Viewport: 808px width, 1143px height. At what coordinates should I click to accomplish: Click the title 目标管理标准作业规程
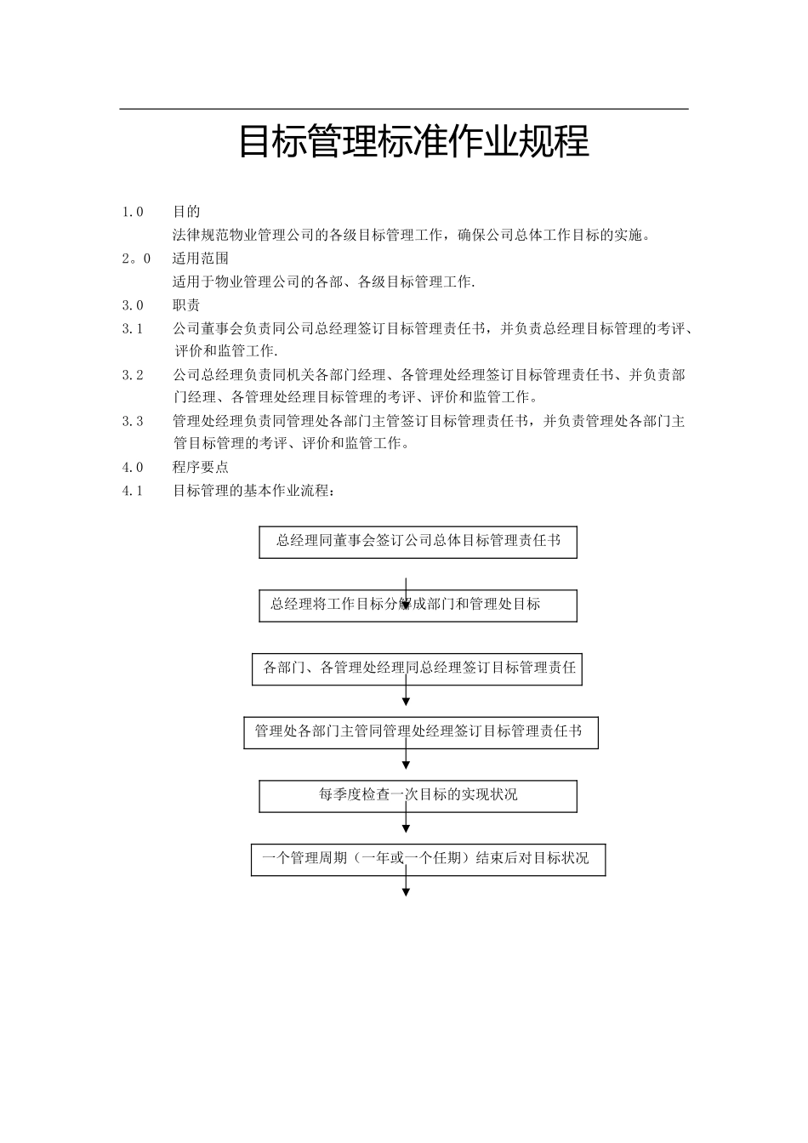413,142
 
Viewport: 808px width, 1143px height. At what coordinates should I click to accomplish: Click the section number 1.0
133,212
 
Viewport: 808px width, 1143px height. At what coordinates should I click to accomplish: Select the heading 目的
186,212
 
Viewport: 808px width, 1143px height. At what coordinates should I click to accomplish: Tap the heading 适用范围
201,259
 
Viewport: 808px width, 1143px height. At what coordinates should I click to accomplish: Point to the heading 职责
186,305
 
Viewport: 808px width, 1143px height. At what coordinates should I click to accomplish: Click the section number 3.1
133,328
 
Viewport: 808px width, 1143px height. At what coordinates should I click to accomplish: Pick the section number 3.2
133,375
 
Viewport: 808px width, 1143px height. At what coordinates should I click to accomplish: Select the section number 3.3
133,421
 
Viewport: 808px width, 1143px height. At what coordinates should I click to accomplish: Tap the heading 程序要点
201,467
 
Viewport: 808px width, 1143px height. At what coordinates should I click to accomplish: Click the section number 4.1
133,491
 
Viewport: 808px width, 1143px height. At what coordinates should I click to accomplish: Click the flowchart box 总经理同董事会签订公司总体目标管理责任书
418,542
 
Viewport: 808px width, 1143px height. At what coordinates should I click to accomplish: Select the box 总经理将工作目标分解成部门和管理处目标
418,606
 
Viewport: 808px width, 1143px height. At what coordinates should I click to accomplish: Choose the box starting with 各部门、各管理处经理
418,668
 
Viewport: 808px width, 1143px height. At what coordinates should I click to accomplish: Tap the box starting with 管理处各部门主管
420,732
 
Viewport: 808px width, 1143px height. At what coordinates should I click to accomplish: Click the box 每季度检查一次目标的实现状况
418,796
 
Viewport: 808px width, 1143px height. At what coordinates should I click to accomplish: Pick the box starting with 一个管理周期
428,859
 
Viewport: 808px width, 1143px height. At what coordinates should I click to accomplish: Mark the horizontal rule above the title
404,109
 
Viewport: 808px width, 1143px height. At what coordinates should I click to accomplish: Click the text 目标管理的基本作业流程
253,491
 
